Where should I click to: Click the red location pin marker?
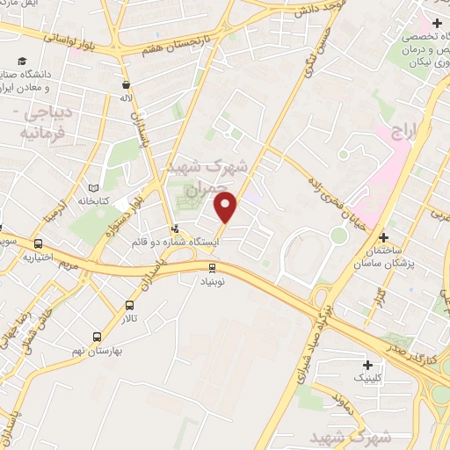[227, 207]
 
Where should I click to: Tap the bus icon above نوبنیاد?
[213, 267]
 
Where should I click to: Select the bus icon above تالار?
[130, 306]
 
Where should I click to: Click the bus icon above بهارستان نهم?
[96, 337]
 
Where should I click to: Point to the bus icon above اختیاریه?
[39, 244]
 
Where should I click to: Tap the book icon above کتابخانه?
[95, 188]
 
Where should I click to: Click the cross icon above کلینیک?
[367, 364]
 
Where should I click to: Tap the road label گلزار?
[380, 293]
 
